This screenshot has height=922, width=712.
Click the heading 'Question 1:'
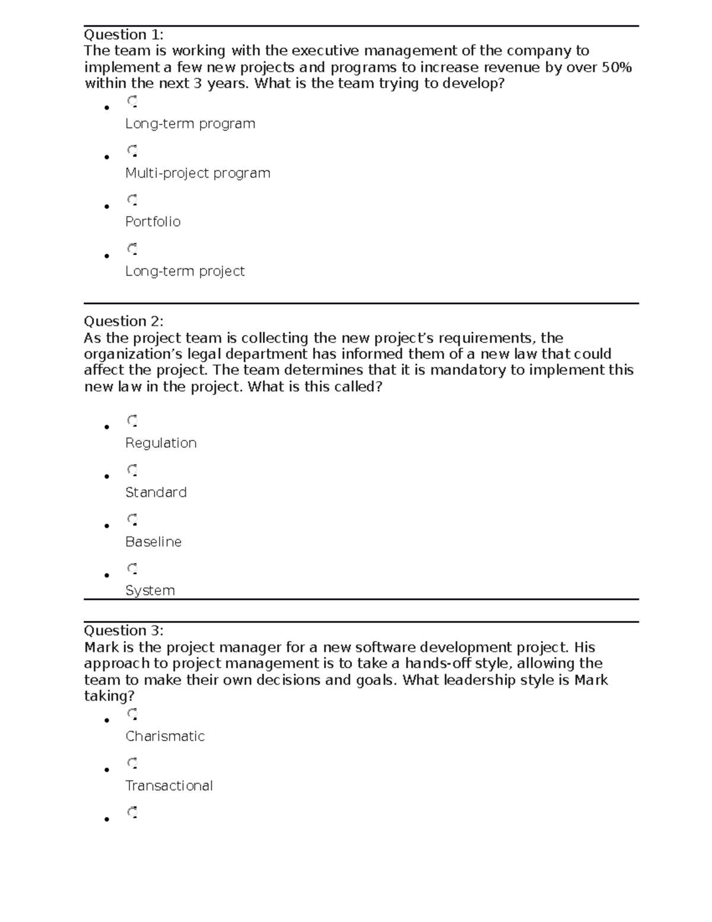tap(123, 34)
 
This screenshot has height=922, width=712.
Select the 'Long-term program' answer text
tap(190, 123)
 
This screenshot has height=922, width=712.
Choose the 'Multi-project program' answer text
tap(198, 173)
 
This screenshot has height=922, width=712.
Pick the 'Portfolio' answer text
tap(152, 221)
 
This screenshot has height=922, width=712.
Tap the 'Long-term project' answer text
tap(185, 271)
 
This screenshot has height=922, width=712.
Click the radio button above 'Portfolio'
tap(132, 199)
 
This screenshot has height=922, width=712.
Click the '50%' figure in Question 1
tap(616, 67)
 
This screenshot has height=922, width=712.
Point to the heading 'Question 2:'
tap(123, 321)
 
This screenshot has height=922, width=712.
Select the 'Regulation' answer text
tap(161, 443)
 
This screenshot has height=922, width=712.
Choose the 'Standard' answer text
tap(155, 492)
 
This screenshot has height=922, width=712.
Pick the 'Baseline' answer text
tap(153, 541)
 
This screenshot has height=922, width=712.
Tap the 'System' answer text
tap(150, 590)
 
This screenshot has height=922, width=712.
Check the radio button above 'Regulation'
tap(132, 421)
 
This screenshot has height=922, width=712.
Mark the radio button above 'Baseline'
tap(132, 519)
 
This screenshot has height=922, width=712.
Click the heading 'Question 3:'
tap(123, 630)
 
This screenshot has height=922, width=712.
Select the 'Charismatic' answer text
tap(165, 736)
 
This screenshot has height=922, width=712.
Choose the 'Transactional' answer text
tap(169, 785)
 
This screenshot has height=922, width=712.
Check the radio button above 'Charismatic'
tap(132, 714)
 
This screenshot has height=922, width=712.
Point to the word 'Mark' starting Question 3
tap(101, 647)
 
